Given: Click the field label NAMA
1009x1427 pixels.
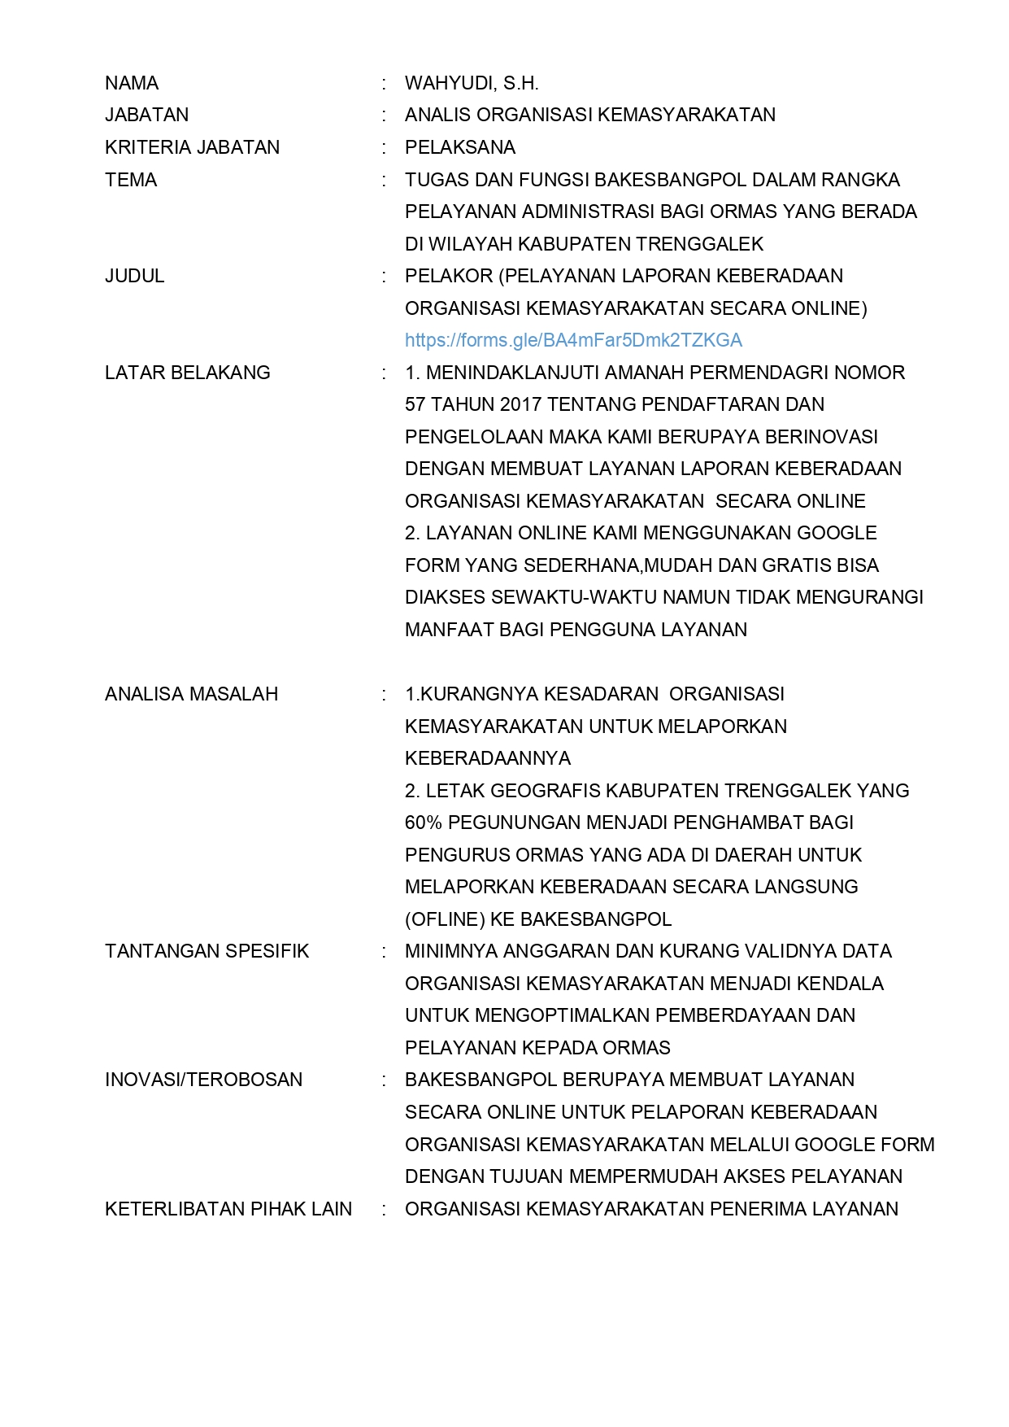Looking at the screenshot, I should coord(132,83).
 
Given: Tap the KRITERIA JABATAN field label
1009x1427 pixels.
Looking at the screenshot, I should coord(192,147).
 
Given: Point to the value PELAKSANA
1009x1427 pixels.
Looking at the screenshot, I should coord(460,147).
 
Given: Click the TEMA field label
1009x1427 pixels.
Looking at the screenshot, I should coord(131,180).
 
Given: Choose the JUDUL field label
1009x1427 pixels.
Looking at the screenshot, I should coord(135,276).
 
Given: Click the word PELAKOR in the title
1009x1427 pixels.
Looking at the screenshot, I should coord(449,276).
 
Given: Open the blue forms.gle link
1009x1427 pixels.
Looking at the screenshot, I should coord(573,340).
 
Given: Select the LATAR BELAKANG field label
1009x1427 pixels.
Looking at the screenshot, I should coord(188,373).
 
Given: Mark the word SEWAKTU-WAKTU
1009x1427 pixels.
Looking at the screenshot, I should coord(543,597).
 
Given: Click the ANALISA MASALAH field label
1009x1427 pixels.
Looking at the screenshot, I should coord(192,694).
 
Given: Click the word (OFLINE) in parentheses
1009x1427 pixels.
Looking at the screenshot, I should coord(445,919).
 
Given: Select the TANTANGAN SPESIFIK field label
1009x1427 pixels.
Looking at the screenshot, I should coord(207,951).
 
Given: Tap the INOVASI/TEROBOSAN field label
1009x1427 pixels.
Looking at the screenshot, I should coord(203,1080).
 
